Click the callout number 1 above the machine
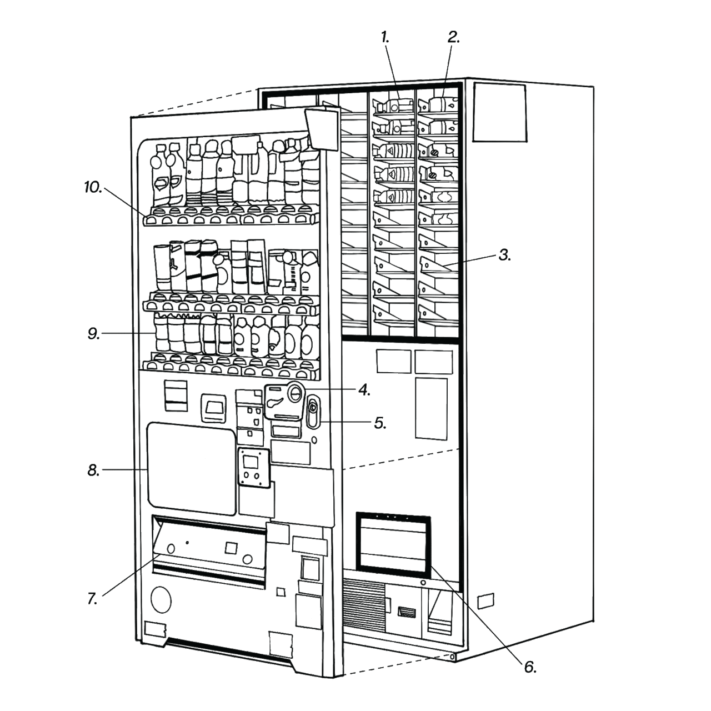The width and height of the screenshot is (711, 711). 385,37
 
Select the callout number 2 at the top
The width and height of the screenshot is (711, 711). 454,37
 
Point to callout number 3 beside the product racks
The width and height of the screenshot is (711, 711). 504,256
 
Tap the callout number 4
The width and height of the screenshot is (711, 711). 364,390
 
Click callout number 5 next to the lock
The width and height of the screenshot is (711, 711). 380,423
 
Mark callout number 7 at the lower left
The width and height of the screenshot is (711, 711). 93,599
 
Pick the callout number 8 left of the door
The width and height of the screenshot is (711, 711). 93,472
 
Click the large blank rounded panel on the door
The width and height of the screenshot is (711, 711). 191,468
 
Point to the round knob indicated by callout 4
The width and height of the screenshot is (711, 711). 295,392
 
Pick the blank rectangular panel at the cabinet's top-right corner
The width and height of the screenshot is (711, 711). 499,113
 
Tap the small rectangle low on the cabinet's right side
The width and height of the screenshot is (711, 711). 484,600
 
